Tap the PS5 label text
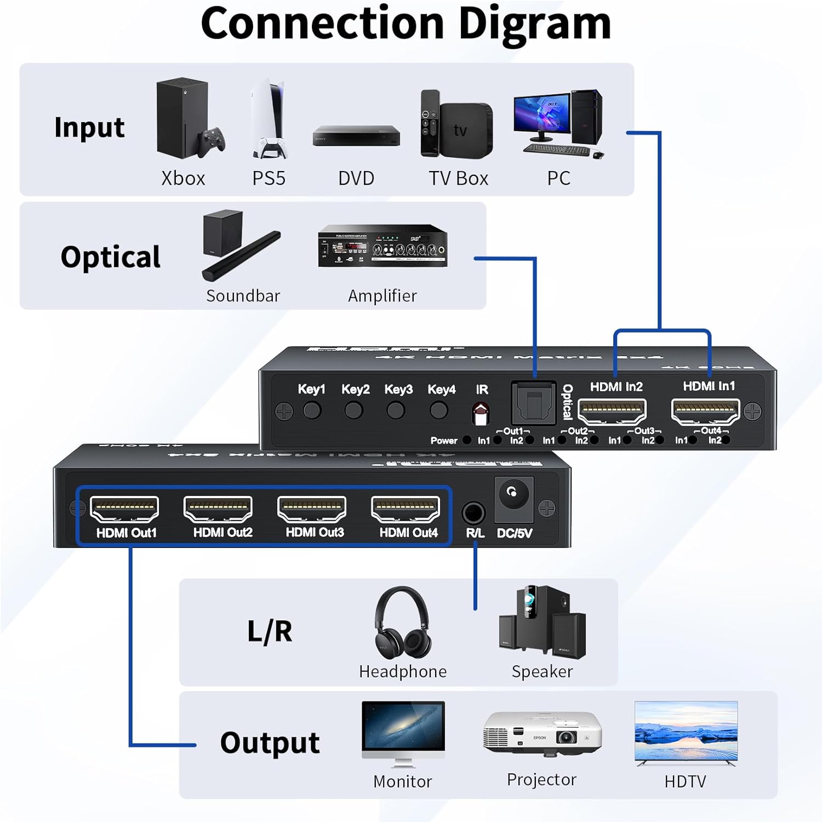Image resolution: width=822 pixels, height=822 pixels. [x=269, y=178]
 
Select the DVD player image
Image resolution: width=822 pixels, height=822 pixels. [x=356, y=136]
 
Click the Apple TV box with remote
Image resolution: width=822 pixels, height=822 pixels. [x=456, y=125]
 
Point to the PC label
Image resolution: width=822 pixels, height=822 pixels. [x=558, y=178]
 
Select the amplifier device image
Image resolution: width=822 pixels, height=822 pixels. [x=383, y=246]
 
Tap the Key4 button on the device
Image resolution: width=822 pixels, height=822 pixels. [x=439, y=410]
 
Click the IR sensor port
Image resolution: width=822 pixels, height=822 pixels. [x=481, y=414]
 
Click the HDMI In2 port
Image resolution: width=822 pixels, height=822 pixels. [x=612, y=411]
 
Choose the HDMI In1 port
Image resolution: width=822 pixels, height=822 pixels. [x=706, y=411]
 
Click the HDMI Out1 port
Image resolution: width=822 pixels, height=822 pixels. [x=124, y=509]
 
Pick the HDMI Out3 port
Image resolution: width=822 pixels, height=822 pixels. [x=312, y=509]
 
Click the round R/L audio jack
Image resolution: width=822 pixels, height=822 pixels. [x=473, y=514]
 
